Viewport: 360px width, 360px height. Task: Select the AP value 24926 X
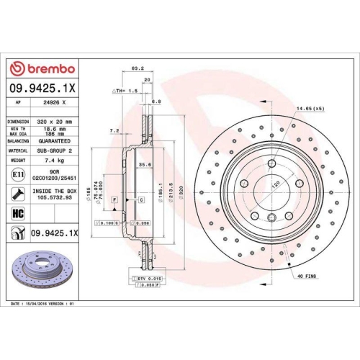(54, 103)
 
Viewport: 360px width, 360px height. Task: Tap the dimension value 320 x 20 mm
(55, 122)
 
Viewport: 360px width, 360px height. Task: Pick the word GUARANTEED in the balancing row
(55, 142)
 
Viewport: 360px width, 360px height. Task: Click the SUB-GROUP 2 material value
(55, 150)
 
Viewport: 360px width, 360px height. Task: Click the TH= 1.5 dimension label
(125, 91)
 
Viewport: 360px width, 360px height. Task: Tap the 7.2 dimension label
(114, 131)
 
